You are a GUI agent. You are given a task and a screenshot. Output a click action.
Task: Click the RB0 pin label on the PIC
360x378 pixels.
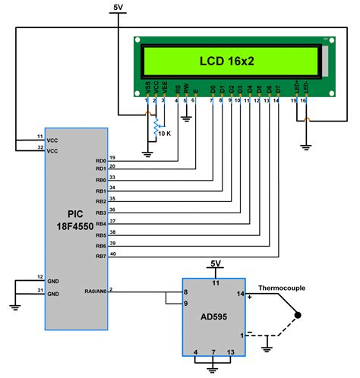pyautogui.click(x=100, y=179)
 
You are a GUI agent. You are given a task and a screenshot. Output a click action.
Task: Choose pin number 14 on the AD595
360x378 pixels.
pyautogui.click(x=242, y=293)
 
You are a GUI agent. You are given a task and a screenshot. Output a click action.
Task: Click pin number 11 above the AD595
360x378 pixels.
pyautogui.click(x=216, y=282)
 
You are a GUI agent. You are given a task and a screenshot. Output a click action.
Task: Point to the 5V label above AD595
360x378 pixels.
pyautogui.click(x=216, y=263)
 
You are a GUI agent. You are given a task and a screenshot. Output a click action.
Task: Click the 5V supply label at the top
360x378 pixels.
pyautogui.click(x=118, y=8)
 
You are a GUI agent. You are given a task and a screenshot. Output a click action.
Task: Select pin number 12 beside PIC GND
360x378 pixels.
pyautogui.click(x=39, y=277)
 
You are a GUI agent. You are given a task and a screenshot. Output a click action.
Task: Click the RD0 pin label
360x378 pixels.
pyautogui.click(x=100, y=161)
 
